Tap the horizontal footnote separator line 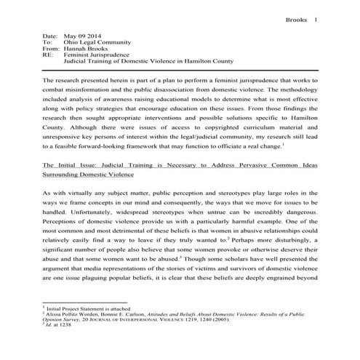click(x=85, y=303)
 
